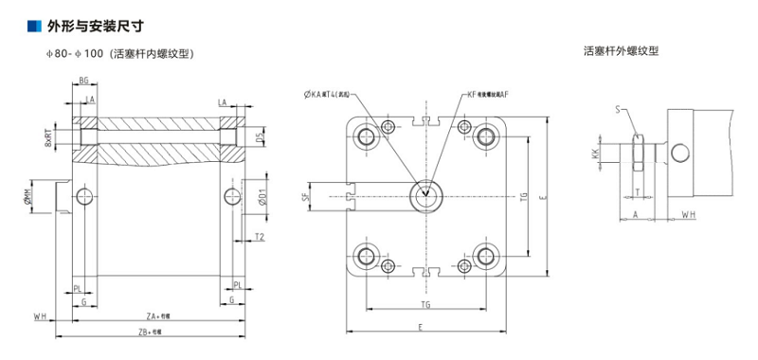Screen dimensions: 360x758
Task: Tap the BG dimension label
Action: tap(84, 81)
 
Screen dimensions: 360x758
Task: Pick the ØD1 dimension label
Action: tap(262, 198)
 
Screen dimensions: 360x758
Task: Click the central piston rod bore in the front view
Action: tap(426, 196)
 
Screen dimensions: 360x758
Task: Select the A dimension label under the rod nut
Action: tap(634, 215)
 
